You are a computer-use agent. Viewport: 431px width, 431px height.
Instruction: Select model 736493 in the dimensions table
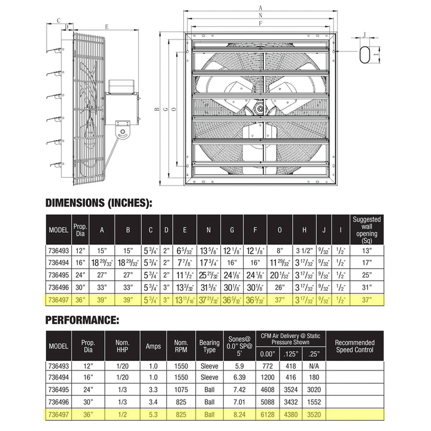click(x=59, y=250)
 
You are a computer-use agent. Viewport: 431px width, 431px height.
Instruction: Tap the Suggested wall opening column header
click(x=367, y=230)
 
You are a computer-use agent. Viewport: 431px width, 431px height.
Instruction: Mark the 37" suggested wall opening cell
click(x=367, y=299)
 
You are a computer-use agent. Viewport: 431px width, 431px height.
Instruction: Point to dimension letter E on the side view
click(x=106, y=26)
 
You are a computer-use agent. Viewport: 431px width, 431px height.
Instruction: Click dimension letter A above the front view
click(x=261, y=7)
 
